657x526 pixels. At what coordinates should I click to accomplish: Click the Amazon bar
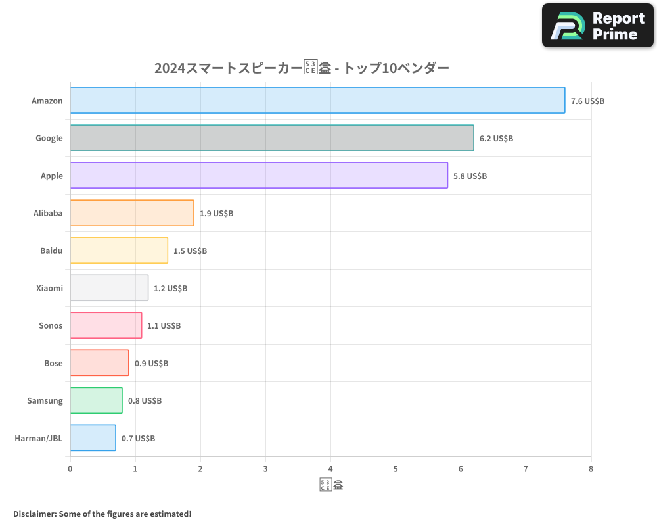pyautogui.click(x=317, y=101)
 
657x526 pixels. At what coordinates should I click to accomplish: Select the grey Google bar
pyautogui.click(x=272, y=138)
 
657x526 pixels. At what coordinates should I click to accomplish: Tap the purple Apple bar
pyautogui.click(x=259, y=176)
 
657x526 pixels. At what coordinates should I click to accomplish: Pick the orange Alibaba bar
pyautogui.click(x=132, y=213)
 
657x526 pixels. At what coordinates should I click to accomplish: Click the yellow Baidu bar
pyautogui.click(x=119, y=251)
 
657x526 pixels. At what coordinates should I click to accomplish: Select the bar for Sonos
pyautogui.click(x=106, y=325)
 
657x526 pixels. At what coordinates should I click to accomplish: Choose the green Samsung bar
pyautogui.click(x=96, y=400)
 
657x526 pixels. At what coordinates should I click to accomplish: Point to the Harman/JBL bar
pyautogui.click(x=93, y=438)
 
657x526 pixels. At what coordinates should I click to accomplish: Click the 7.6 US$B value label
pyautogui.click(x=587, y=101)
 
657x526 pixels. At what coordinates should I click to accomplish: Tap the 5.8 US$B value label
pyautogui.click(x=470, y=176)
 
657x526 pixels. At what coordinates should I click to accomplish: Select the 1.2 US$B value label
pyautogui.click(x=170, y=289)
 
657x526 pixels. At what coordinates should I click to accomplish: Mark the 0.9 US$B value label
pyautogui.click(x=151, y=364)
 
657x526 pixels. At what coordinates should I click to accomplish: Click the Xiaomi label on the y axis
pyautogui.click(x=49, y=288)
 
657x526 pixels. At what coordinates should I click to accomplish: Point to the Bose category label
pyautogui.click(x=53, y=363)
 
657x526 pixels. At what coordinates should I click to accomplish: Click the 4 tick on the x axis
pyautogui.click(x=330, y=469)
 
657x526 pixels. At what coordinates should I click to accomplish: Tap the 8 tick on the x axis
pyautogui.click(x=591, y=469)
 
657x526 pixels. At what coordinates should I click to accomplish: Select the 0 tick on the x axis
pyautogui.click(x=70, y=469)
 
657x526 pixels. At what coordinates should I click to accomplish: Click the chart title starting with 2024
pyautogui.click(x=302, y=68)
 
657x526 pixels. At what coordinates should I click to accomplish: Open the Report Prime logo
pyautogui.click(x=597, y=26)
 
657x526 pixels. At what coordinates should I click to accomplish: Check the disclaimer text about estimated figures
pyautogui.click(x=102, y=514)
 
